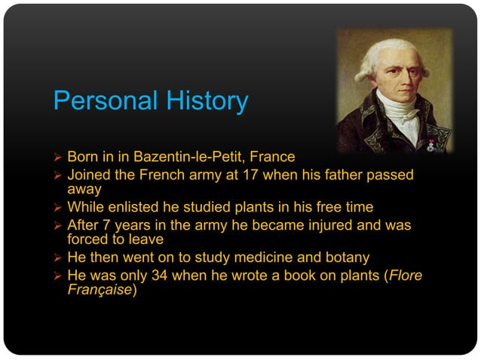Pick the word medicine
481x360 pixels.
click(x=265, y=258)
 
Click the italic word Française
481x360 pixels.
click(x=100, y=290)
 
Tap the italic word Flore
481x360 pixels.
click(x=405, y=276)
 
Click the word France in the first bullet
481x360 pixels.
click(x=274, y=157)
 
